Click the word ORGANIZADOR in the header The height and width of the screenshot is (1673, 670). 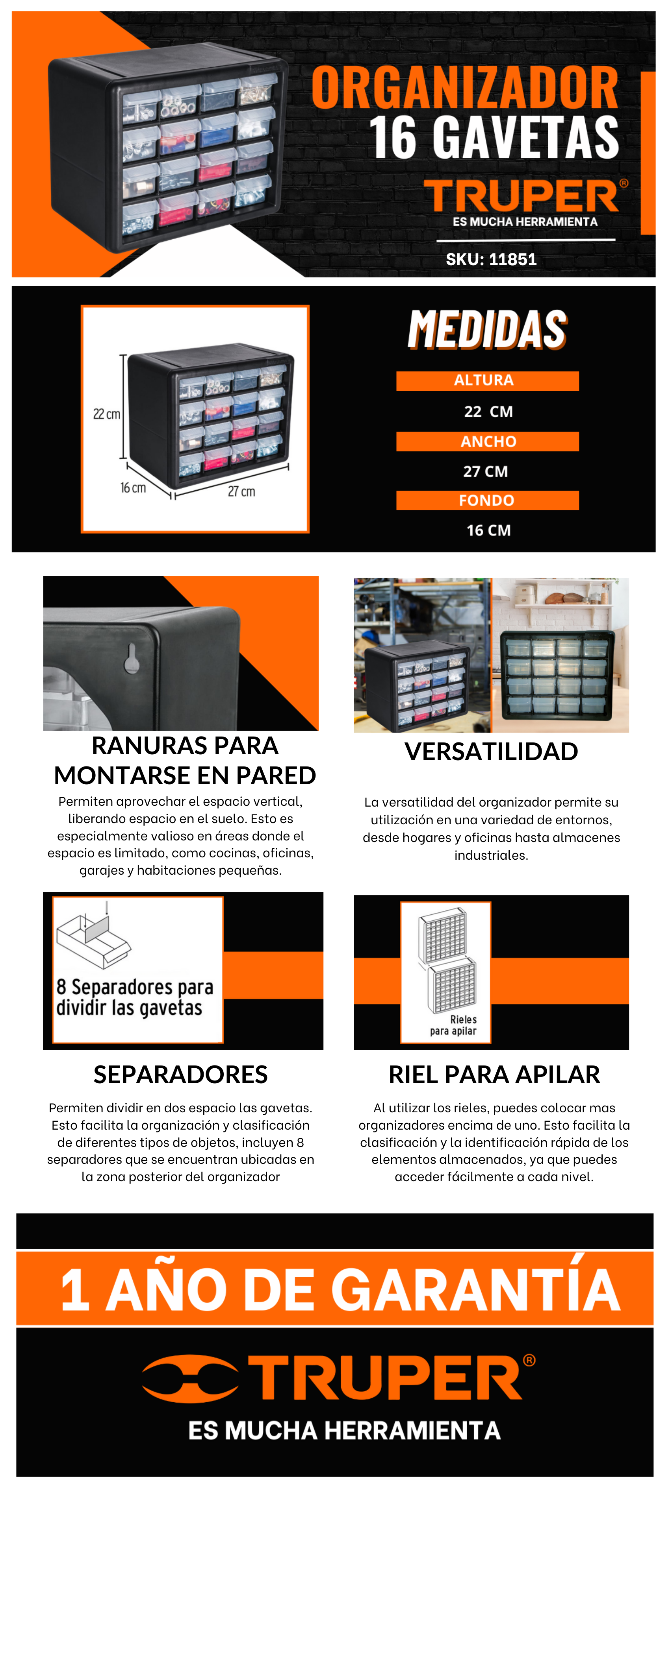pos(465,88)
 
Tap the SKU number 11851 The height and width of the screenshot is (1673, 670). pos(513,259)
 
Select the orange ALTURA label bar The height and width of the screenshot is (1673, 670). pos(487,380)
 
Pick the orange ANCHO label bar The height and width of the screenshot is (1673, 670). pos(487,441)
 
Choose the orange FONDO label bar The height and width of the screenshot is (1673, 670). pos(487,500)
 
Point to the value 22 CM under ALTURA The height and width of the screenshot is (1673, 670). pos(488,411)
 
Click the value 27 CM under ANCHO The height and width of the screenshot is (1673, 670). pos(485,471)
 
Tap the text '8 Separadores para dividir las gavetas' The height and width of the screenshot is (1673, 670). pos(135,997)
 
